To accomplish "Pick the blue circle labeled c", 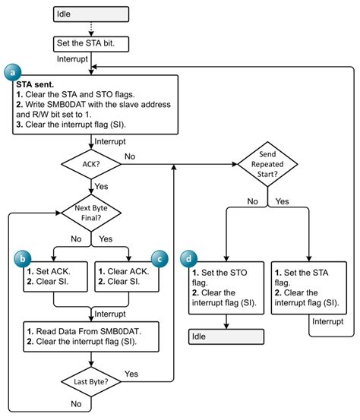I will pos(159,259).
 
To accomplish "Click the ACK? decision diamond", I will pos(91,163).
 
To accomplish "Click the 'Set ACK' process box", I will pos(55,276).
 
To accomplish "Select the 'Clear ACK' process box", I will pos(127,276).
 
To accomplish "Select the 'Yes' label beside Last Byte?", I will pos(131,373).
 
